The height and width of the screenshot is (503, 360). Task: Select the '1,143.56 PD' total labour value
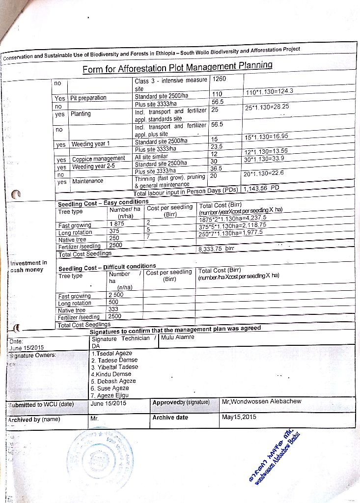click(x=261, y=188)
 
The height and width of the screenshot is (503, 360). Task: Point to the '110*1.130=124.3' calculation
click(x=269, y=91)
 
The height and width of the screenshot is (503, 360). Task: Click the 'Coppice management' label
click(x=98, y=159)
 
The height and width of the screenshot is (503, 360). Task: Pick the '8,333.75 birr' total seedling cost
click(x=215, y=249)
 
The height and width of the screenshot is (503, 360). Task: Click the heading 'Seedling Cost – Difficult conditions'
click(x=107, y=268)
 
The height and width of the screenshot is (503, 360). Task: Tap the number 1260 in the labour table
click(x=220, y=79)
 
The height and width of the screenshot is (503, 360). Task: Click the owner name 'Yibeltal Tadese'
click(x=114, y=367)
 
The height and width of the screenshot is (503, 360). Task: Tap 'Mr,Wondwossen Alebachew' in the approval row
click(x=262, y=401)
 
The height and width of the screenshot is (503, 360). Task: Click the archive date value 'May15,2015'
click(x=239, y=418)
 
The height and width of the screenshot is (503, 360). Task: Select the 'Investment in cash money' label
click(x=28, y=266)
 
